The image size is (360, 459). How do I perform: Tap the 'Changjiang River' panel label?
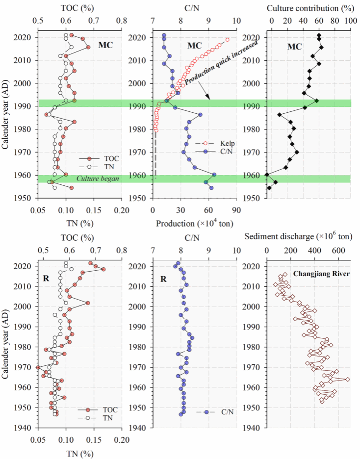(321, 274)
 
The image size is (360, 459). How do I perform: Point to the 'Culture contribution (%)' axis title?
(308, 8)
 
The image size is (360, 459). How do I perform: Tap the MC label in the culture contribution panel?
(294, 46)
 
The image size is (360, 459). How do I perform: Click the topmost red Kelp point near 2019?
(228, 40)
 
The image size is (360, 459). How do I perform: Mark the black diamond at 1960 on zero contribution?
(267, 175)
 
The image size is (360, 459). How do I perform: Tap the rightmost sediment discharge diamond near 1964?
(348, 379)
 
